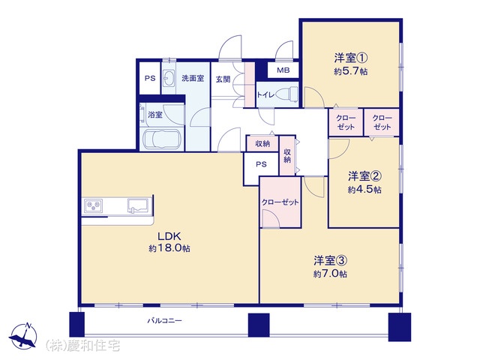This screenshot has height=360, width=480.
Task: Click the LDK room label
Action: (x=169, y=236)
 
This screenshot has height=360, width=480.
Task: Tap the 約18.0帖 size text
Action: (x=169, y=248)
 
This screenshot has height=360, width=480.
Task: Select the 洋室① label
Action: (x=350, y=58)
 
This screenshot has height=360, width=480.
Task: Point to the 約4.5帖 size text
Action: (x=364, y=190)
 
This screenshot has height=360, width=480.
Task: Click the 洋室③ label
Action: (x=330, y=261)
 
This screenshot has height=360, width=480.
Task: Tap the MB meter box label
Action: (x=283, y=70)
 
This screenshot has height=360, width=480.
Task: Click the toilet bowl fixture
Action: (x=288, y=93)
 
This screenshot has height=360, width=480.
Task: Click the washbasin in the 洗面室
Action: (x=168, y=78)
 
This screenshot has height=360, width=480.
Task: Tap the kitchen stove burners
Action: (x=94, y=205)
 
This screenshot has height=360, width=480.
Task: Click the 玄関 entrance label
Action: (x=223, y=79)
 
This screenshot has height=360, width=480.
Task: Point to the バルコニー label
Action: (x=165, y=320)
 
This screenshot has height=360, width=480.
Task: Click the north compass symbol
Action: (x=23, y=336)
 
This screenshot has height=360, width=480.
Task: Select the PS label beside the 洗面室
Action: (x=150, y=78)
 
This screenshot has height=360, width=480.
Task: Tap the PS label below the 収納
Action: (x=261, y=164)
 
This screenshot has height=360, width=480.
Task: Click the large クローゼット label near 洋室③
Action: (x=280, y=202)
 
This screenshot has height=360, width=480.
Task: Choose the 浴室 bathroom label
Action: (x=155, y=115)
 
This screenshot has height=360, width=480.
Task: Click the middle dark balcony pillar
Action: (x=259, y=325)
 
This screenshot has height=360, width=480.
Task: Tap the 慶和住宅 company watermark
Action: (x=82, y=346)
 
